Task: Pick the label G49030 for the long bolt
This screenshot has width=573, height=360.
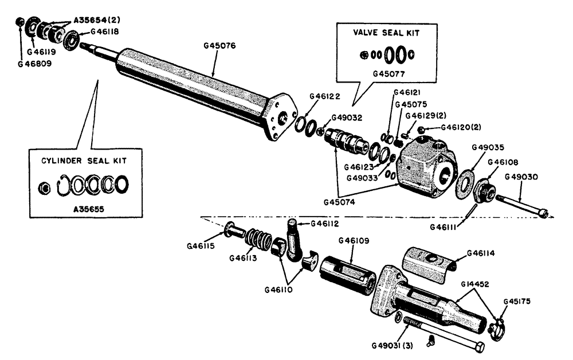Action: pyautogui.click(x=524, y=177)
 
